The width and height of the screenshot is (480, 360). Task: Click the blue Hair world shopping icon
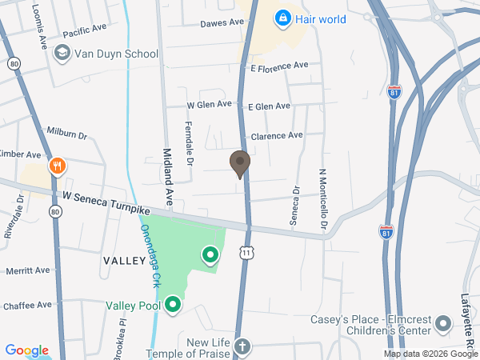point(282,18)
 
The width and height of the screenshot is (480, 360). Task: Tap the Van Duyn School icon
point(62,54)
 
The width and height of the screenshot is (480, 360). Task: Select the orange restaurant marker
point(57,167)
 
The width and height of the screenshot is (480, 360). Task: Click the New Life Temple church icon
point(242,347)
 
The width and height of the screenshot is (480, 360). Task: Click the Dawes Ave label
point(222,23)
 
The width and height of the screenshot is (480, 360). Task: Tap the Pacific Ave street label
point(84,30)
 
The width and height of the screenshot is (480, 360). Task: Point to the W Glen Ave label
point(209,105)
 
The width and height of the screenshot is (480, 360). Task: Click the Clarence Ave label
point(277,136)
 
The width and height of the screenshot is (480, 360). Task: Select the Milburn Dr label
point(66,133)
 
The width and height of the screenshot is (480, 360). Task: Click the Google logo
point(27,350)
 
